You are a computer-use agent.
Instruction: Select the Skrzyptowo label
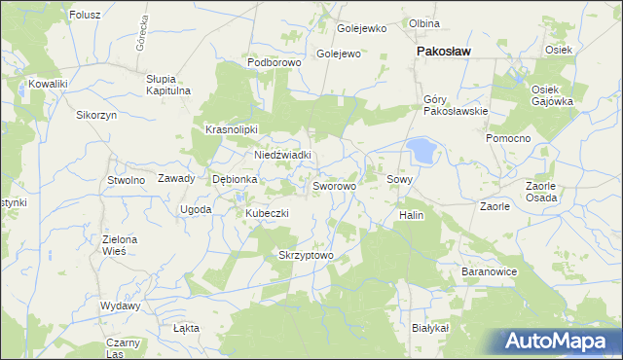coord(307,256)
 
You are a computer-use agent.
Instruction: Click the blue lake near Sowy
coord(422,150)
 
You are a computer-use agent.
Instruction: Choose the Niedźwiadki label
coord(282,155)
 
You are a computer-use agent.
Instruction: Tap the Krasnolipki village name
coord(231,129)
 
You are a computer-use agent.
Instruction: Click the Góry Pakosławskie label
coord(456,105)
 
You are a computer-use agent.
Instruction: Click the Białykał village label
coord(430,329)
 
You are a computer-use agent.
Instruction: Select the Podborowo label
coord(275,61)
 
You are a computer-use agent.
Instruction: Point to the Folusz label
coord(86,16)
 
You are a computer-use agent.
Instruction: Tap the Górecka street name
coord(141,35)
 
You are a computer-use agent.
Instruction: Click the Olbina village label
coord(424,23)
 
